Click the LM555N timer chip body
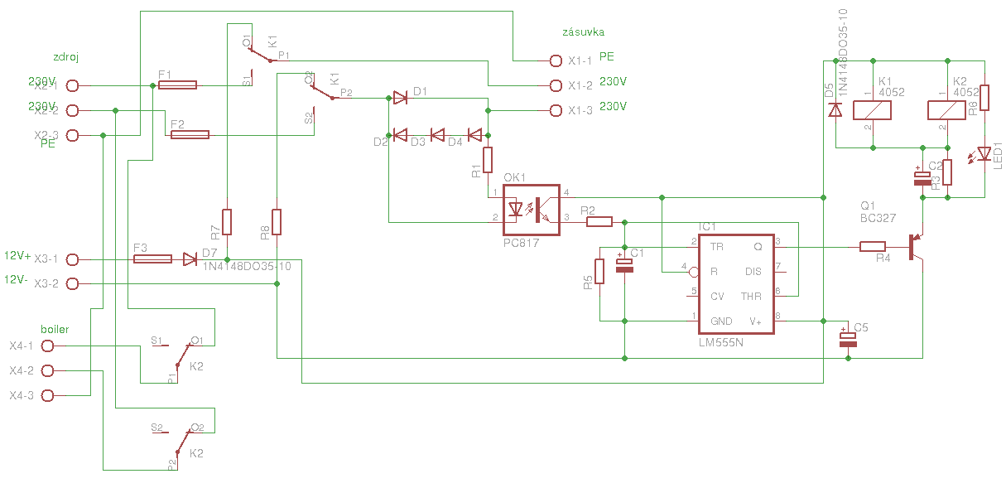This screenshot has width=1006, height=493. click(x=735, y=283)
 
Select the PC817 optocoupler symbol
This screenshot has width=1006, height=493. click(x=532, y=209)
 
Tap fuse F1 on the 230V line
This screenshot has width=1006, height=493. click(x=176, y=85)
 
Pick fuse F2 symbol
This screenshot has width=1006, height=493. click(x=190, y=134)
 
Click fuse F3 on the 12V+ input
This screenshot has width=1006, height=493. click(x=152, y=259)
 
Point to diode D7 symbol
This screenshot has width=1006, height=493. click(x=190, y=259)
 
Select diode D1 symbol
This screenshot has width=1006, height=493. click(x=400, y=98)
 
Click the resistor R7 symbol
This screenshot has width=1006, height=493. click(x=226, y=222)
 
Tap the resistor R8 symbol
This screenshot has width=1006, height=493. click(x=277, y=222)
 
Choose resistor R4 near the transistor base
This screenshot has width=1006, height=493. click(x=873, y=246)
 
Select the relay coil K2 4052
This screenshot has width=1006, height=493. click(x=946, y=110)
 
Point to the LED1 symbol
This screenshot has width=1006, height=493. click(x=984, y=153)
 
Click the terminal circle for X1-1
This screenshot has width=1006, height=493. click(x=555, y=60)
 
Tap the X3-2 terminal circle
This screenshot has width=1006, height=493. click(x=72, y=284)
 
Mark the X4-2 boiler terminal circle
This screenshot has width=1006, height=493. click(x=47, y=370)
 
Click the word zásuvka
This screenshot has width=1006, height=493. click(x=583, y=32)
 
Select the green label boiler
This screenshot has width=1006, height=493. click(x=55, y=329)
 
